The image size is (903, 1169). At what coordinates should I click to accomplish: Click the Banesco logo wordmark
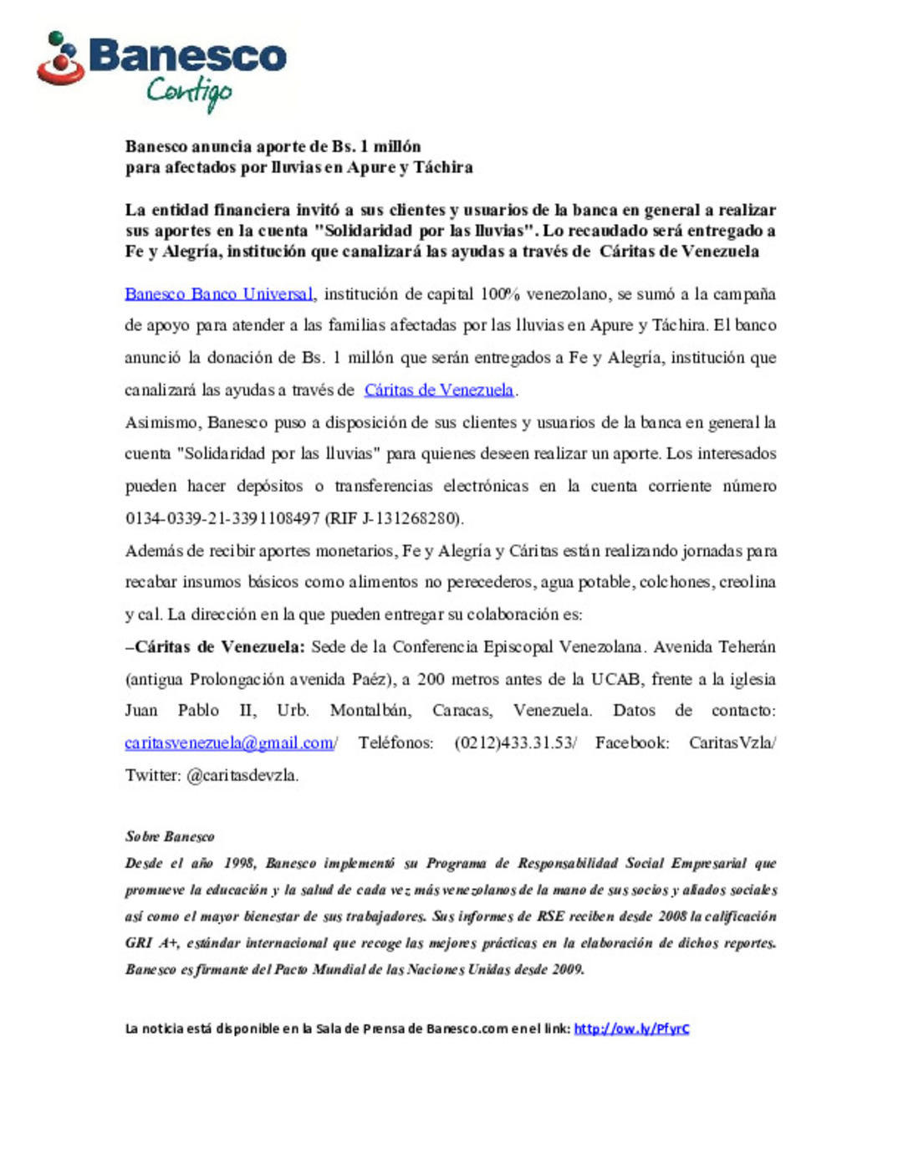[x=187, y=56]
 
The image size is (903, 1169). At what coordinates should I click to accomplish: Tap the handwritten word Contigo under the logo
[x=189, y=91]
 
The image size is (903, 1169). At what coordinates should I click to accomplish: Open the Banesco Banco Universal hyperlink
[x=219, y=294]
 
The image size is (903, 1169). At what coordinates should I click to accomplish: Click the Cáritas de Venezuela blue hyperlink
[x=439, y=390]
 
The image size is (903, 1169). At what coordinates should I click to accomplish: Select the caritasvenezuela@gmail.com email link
[x=229, y=743]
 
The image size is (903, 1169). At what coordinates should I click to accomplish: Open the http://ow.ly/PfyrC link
[x=631, y=1029]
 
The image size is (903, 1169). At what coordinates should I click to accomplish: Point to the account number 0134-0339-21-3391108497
[x=222, y=518]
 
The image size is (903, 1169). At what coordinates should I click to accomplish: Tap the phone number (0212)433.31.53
[x=514, y=743]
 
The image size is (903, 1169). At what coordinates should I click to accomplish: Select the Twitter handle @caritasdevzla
[x=242, y=775]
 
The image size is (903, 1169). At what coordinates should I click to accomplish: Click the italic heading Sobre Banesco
[x=170, y=836]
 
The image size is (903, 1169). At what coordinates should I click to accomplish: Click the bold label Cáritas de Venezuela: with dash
[x=215, y=647]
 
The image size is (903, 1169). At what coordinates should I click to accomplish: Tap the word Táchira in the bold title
[x=443, y=167]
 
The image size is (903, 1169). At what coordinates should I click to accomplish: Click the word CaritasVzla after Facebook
[x=731, y=743]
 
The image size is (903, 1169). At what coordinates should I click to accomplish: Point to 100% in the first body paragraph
[x=500, y=294]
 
